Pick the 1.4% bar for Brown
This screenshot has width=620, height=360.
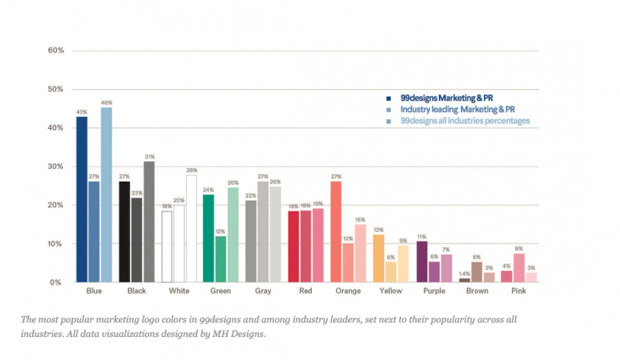pos(465,279)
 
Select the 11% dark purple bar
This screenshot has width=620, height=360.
pos(422,261)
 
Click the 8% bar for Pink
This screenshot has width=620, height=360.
pos(519,267)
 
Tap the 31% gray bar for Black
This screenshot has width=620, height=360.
pos(149,222)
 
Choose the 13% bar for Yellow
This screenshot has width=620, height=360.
pos(379,257)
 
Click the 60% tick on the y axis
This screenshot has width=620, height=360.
pos(56,51)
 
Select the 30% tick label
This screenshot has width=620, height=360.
pos(56,166)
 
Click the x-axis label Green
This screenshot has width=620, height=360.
pos(221,292)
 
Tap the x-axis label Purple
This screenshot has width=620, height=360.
pos(434,292)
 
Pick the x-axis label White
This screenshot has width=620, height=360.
pos(179,292)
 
